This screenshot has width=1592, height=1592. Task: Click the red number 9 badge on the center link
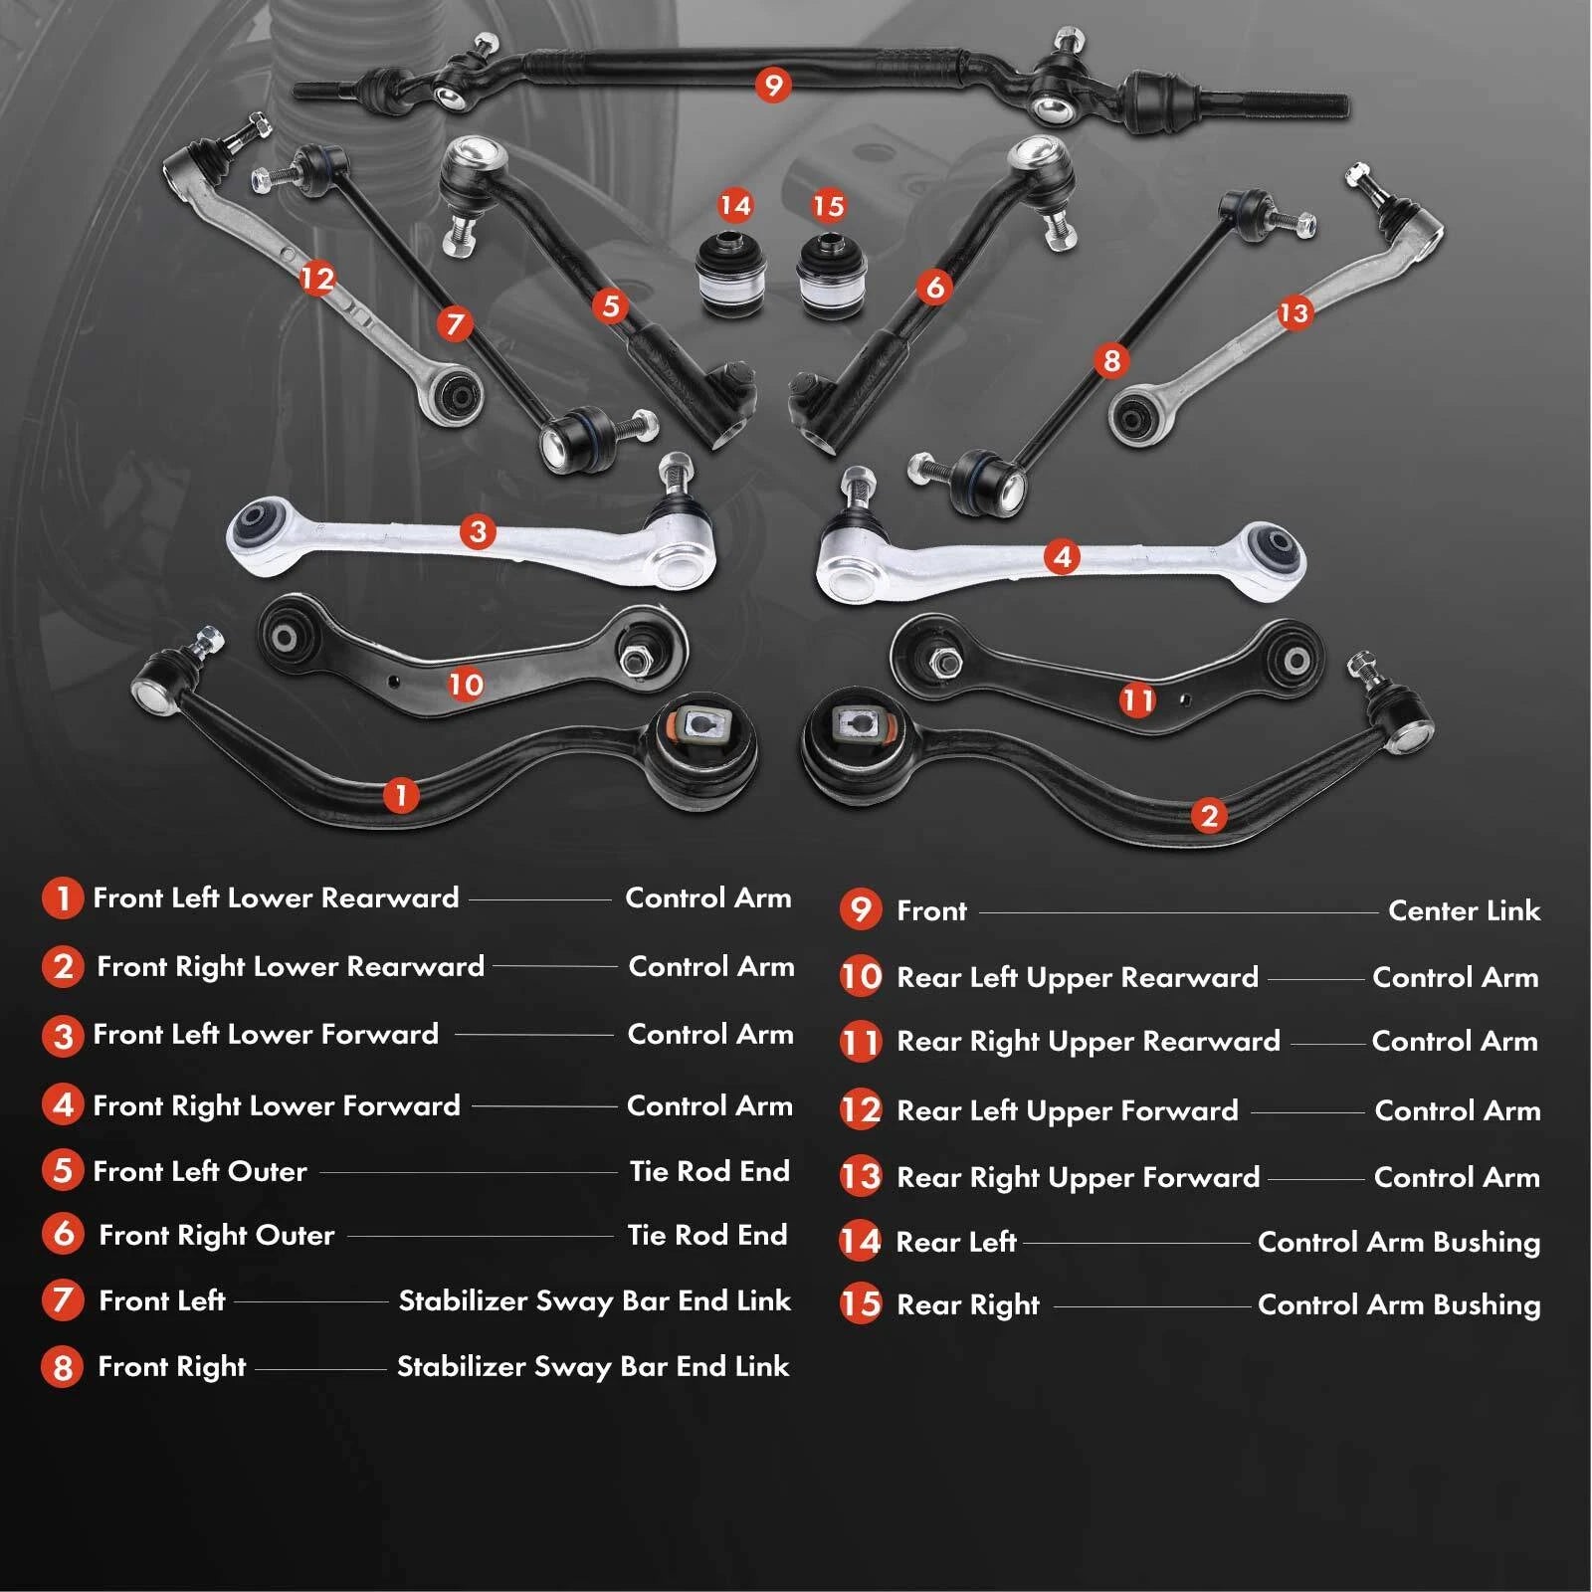[773, 85]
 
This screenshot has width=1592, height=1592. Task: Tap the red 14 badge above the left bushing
[735, 206]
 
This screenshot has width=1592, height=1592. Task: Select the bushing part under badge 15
[832, 276]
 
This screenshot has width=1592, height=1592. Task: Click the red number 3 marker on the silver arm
[478, 531]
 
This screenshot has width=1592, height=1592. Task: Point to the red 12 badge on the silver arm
[317, 278]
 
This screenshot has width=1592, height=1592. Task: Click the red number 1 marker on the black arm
[401, 795]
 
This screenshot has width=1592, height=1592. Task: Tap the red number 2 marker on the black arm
[1209, 816]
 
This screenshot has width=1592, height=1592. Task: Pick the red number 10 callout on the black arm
[466, 684]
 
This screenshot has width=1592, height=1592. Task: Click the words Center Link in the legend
[1464, 910]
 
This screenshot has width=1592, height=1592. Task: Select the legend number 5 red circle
[63, 1170]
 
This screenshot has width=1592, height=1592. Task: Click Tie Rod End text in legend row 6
[707, 1235]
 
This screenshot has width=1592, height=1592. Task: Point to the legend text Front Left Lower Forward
[266, 1034]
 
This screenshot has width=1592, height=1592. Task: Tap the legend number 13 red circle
[861, 1176]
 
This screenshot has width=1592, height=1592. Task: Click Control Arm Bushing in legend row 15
[1399, 1305]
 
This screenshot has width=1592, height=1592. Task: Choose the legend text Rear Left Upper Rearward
[1078, 978]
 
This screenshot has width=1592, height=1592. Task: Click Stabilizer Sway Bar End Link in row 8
[593, 1367]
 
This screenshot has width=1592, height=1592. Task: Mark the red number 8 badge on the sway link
[1111, 359]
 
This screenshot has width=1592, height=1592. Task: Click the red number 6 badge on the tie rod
[934, 288]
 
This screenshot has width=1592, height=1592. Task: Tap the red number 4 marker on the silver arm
[1062, 556]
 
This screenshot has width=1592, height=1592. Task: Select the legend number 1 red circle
[63, 897]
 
